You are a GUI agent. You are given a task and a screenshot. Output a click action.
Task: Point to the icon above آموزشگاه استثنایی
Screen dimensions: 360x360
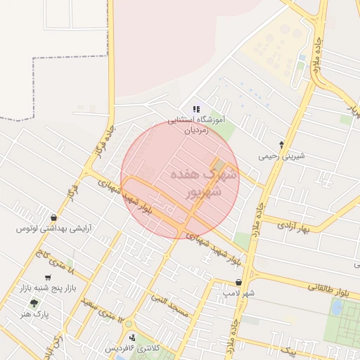coord(198,109)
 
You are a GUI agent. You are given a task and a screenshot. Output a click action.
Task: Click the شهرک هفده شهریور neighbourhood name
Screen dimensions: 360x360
coord(205,181)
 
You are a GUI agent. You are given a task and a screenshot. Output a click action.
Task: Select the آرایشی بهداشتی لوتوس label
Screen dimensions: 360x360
coord(55,229)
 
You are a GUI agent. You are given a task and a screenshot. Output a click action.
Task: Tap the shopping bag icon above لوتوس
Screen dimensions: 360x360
coord(54,217)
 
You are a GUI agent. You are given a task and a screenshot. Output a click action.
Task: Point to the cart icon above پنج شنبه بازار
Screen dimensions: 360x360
coord(47,278)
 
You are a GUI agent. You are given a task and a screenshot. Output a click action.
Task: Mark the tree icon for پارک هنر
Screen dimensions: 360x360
coord(33,303)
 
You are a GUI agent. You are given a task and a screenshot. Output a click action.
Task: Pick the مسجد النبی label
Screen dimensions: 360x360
coord(169,304)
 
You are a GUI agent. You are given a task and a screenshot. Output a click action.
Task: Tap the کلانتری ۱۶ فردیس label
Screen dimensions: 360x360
coord(132,349)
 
